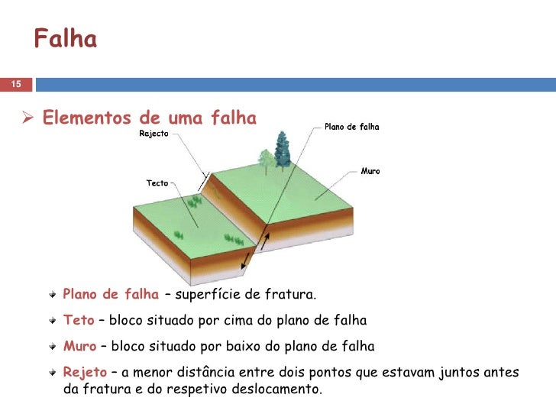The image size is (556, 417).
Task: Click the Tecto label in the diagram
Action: (x=157, y=183)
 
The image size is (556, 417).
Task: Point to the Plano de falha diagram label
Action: (x=352, y=127)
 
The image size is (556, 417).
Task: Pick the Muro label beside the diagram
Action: (x=370, y=171)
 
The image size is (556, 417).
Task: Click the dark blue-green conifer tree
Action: (x=283, y=149)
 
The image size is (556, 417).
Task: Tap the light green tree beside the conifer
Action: (x=266, y=158)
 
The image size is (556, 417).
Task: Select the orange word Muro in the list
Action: (x=79, y=346)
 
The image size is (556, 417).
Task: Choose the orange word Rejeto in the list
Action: (x=84, y=372)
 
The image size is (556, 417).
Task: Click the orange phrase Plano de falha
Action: (x=111, y=294)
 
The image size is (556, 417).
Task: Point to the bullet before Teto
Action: (x=53, y=321)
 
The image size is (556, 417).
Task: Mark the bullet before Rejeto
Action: (x=53, y=373)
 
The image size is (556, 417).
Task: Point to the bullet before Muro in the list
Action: (x=53, y=347)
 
